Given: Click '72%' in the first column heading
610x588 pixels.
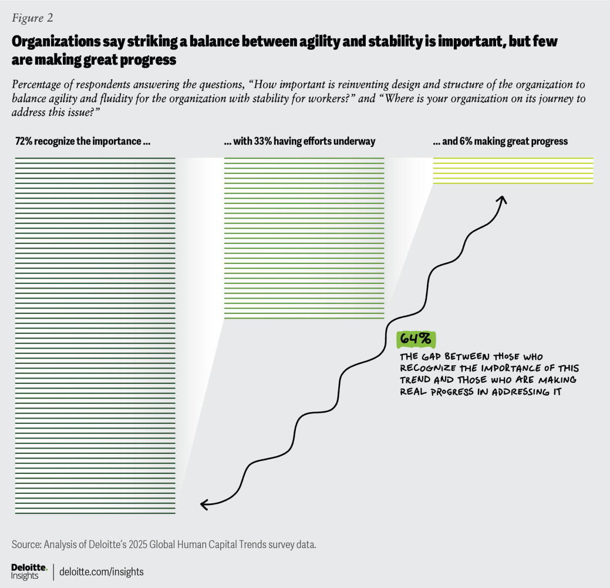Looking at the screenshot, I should coord(23,142).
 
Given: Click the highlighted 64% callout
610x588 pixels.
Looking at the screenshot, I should coord(416,339).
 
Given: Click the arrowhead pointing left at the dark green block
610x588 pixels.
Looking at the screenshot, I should coord(204,504).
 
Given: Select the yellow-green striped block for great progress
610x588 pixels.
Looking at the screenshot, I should coord(513,171).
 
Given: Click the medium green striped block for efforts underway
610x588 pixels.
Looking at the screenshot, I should coord(304,238).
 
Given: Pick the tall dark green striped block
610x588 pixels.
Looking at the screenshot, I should coord(95,335).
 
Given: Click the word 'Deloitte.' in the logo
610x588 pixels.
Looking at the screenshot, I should coord(29,566).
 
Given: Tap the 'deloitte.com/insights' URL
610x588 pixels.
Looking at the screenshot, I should coord(102,572).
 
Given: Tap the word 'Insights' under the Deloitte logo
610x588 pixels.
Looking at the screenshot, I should coord(25,576).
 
